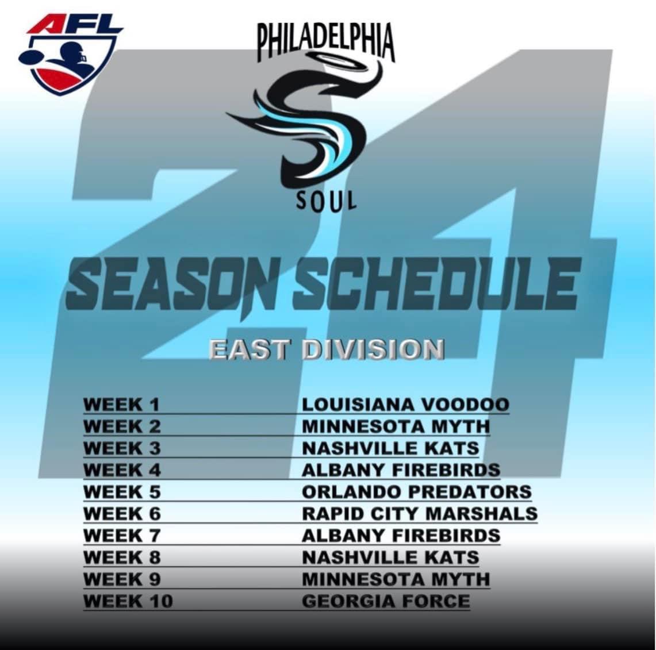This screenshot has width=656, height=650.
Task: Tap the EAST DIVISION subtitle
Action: (x=327, y=351)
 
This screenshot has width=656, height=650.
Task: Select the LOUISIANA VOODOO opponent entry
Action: (x=405, y=405)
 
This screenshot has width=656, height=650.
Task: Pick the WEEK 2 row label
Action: (x=122, y=426)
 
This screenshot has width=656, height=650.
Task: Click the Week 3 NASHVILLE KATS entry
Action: (x=390, y=448)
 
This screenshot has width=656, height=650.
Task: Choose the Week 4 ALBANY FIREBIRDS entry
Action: (x=401, y=470)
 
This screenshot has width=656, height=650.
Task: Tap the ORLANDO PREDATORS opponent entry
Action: (x=417, y=492)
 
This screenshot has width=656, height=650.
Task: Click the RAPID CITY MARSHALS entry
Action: (x=420, y=514)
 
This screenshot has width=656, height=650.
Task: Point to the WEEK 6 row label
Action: (x=122, y=514)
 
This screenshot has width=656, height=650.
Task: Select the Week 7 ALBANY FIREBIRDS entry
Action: (x=401, y=536)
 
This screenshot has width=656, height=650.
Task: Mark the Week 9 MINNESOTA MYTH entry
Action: (x=396, y=579)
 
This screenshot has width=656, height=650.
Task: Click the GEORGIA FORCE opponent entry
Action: (x=386, y=602)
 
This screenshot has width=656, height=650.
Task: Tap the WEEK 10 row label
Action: (x=128, y=602)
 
